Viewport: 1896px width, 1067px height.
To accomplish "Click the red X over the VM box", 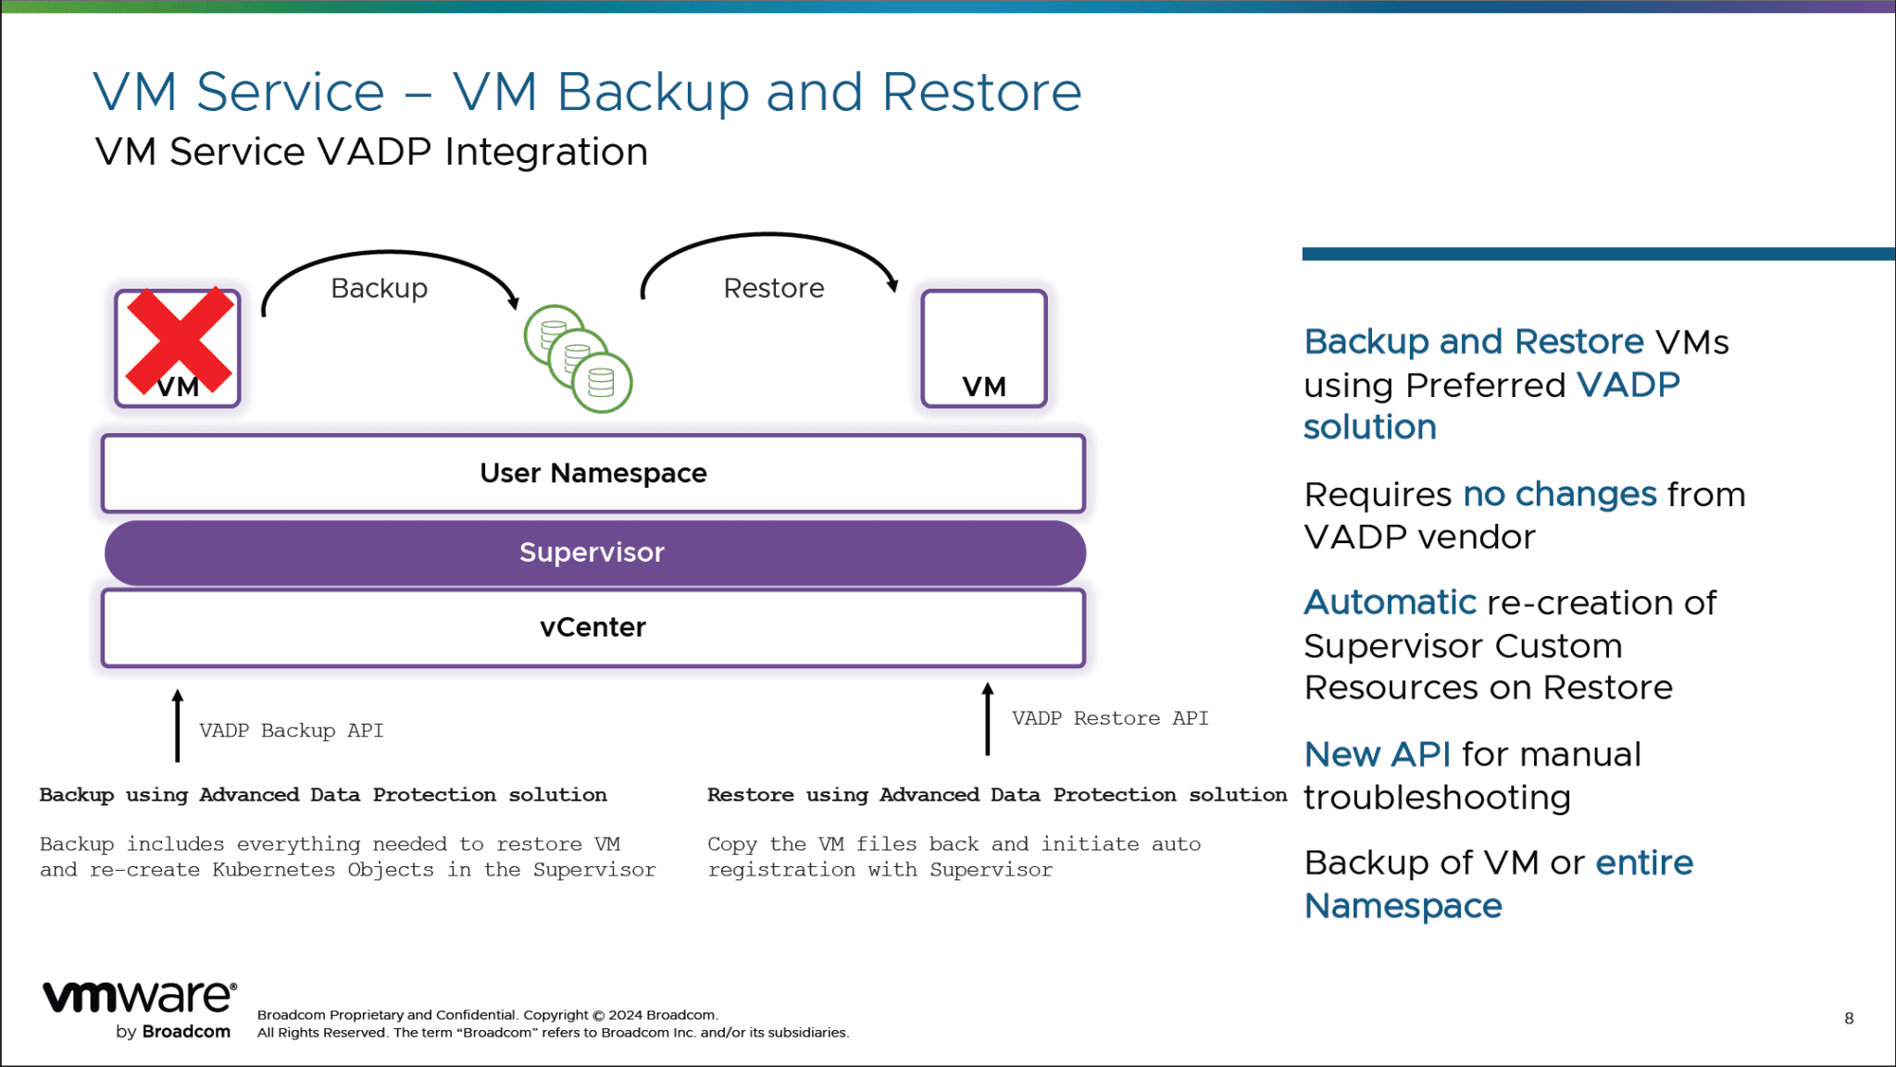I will (x=179, y=340).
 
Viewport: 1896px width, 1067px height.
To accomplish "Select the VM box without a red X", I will (x=983, y=349).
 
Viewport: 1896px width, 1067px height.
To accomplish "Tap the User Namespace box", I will (x=592, y=473).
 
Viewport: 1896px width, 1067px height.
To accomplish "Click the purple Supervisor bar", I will (x=592, y=552).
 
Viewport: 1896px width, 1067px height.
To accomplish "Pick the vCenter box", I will (x=592, y=627).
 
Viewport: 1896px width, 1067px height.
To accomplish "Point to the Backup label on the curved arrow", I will (x=379, y=289).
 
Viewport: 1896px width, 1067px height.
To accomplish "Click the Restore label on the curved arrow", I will (x=773, y=289).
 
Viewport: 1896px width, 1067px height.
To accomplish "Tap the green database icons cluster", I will (x=578, y=359).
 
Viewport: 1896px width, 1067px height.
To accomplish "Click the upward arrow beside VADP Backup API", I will (x=178, y=726).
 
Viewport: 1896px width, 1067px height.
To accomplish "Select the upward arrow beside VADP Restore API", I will (x=987, y=719).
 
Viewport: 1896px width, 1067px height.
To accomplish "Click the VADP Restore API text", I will (x=1109, y=718).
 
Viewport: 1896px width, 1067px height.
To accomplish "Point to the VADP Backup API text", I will (x=291, y=730).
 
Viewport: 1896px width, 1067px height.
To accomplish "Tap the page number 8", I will (x=1848, y=1018).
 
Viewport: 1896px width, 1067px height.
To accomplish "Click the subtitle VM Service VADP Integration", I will (x=371, y=152).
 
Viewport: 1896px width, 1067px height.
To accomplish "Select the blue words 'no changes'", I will (x=1559, y=494).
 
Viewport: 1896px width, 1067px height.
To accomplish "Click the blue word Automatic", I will (x=1389, y=602).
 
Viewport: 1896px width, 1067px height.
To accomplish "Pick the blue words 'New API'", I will (x=1377, y=754).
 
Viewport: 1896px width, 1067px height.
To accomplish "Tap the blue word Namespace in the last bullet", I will (x=1403, y=905).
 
